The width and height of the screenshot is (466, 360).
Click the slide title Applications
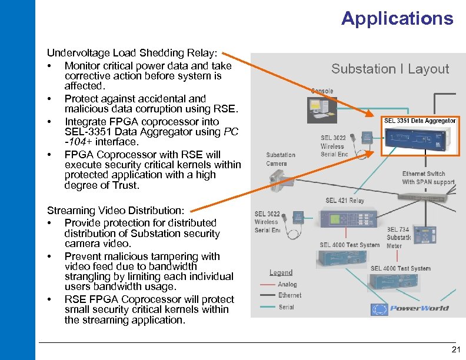point(397,19)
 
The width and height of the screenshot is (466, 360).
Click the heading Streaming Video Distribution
point(116,211)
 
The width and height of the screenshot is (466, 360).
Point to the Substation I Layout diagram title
point(390,69)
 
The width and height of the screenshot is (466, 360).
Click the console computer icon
point(321,108)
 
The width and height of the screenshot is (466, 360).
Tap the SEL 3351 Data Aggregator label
point(420,121)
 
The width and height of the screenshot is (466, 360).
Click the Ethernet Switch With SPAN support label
point(428,178)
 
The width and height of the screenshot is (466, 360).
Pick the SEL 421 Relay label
point(345,201)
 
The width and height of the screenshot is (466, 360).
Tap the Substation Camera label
point(281,159)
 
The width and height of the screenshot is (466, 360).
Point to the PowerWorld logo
point(410,308)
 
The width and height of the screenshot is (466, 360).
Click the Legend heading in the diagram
point(281,272)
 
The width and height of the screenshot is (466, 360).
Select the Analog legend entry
point(288,284)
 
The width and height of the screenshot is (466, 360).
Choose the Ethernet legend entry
point(289,295)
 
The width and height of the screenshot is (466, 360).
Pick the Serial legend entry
point(286,306)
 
